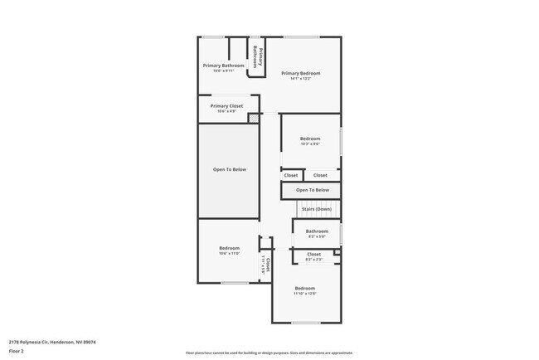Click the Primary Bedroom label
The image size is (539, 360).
[x=300, y=73]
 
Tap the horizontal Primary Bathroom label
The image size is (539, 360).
[x=224, y=65]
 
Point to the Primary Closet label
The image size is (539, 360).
[x=226, y=106]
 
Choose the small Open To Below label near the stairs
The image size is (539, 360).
[x=312, y=190]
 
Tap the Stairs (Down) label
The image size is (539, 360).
[x=316, y=209]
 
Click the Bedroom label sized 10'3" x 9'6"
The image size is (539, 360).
[x=310, y=139]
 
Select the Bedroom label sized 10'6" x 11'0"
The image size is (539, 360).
[x=229, y=249]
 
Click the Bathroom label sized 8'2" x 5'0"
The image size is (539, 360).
[x=317, y=231]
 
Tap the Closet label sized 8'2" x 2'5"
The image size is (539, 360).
[x=314, y=254]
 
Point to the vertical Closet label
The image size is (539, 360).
[x=268, y=264]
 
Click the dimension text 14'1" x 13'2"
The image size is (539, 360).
[x=300, y=79]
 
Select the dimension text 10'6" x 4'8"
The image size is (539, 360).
[x=226, y=111]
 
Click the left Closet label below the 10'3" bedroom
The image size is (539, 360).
[x=291, y=175]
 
